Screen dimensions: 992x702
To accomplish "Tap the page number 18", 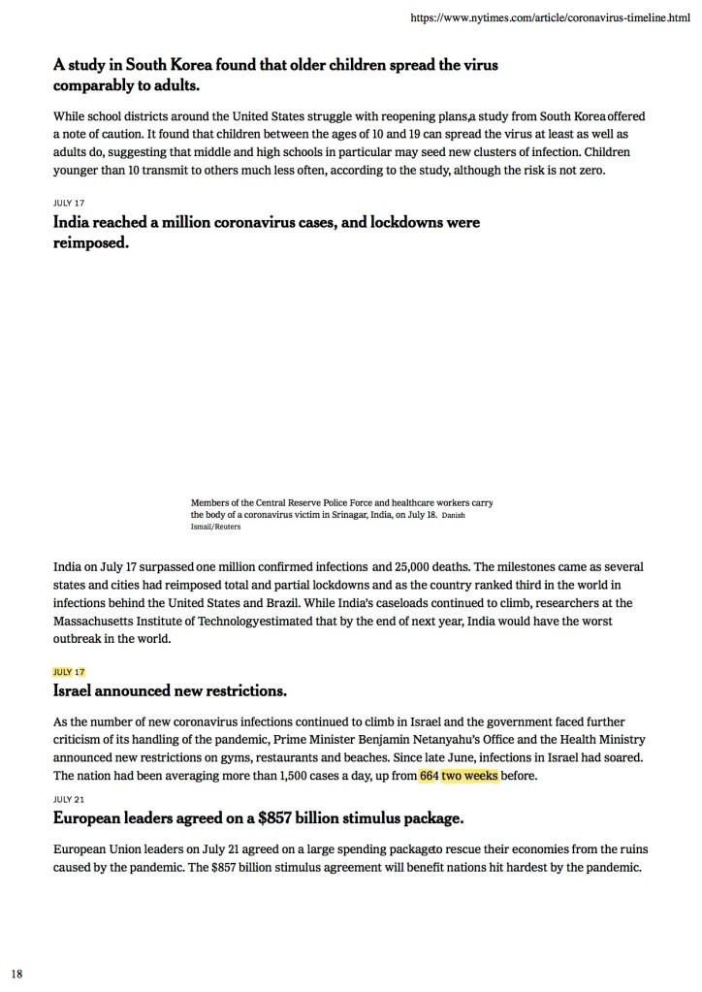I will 16,972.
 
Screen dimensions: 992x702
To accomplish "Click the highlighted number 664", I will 429,776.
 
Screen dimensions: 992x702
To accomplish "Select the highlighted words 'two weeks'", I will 469,776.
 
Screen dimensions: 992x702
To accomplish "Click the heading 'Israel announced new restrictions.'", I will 170,691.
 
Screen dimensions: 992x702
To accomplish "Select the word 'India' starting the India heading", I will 75,223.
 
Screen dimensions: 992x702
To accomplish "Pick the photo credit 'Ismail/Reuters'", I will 215,527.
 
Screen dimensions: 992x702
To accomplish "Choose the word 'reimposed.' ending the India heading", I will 91,242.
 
